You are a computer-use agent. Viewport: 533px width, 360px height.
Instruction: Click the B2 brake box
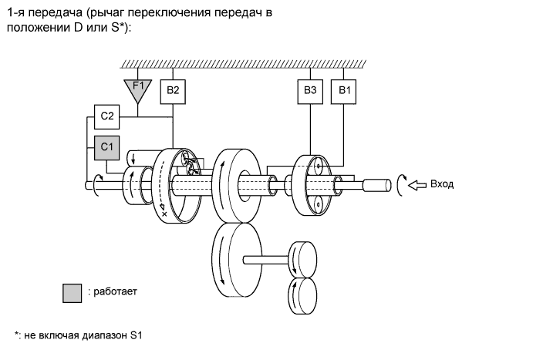click(173, 91)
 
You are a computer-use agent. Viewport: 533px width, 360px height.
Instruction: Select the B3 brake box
click(309, 91)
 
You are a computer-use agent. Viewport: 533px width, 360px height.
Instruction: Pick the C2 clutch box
click(107, 116)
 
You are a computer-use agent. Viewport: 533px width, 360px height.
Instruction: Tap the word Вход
click(443, 184)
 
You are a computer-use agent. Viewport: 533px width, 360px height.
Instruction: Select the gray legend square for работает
click(72, 292)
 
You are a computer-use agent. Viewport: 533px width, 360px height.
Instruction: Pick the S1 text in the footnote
click(136, 336)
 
